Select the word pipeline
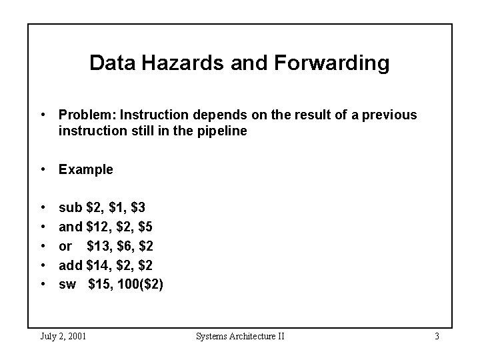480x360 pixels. point(223,131)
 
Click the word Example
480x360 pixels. point(86,169)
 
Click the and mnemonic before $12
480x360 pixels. point(71,227)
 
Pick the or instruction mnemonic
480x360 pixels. point(65,247)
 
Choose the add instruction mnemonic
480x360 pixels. point(71,265)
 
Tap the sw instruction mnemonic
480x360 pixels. point(67,285)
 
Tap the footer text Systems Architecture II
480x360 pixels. point(240,336)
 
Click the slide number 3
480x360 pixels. point(436,336)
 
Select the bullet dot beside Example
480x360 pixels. point(42,169)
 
